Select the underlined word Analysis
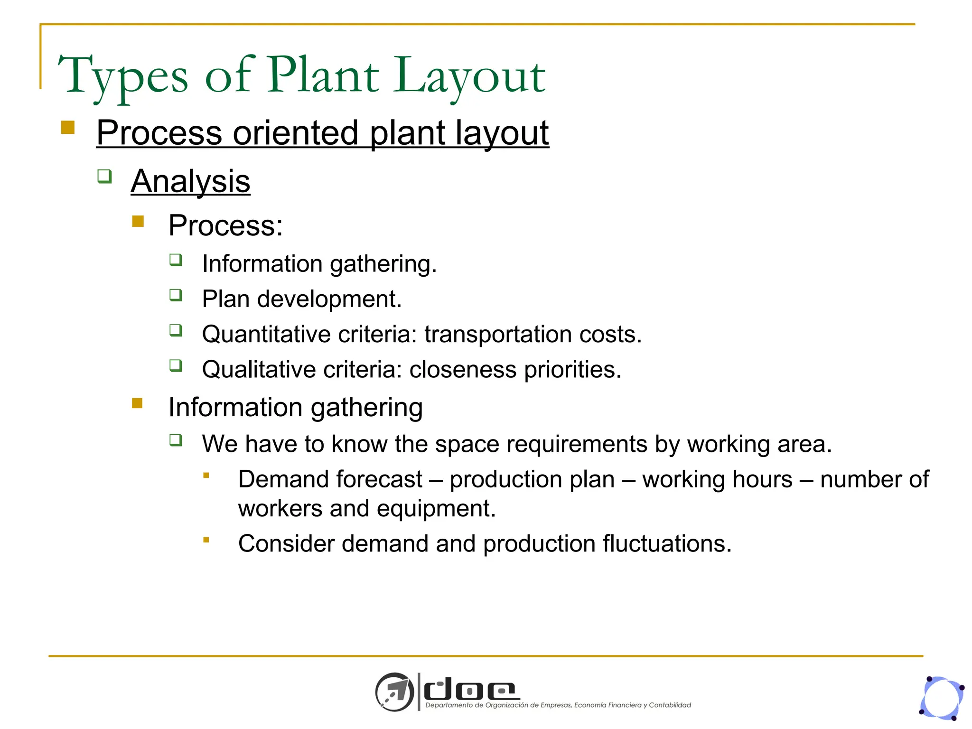pyautogui.click(x=190, y=181)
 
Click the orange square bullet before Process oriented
pyautogui.click(x=68, y=128)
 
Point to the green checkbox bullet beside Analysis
pyautogui.click(x=104, y=177)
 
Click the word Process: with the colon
pyautogui.click(x=225, y=225)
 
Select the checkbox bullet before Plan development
pyautogui.click(x=176, y=295)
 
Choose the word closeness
pyautogui.click(x=462, y=370)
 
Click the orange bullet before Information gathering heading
pyautogui.click(x=137, y=403)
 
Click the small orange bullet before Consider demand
pyautogui.click(x=206, y=540)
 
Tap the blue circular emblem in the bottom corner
pyautogui.click(x=942, y=698)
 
